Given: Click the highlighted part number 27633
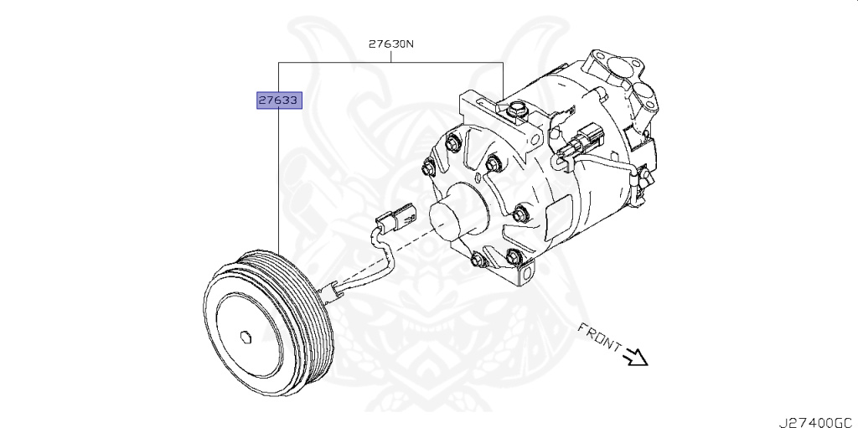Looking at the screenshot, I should pyautogui.click(x=278, y=101).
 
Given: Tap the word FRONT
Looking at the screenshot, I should pyautogui.click(x=599, y=336).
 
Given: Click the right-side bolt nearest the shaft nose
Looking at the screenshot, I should pyautogui.click(x=519, y=212).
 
